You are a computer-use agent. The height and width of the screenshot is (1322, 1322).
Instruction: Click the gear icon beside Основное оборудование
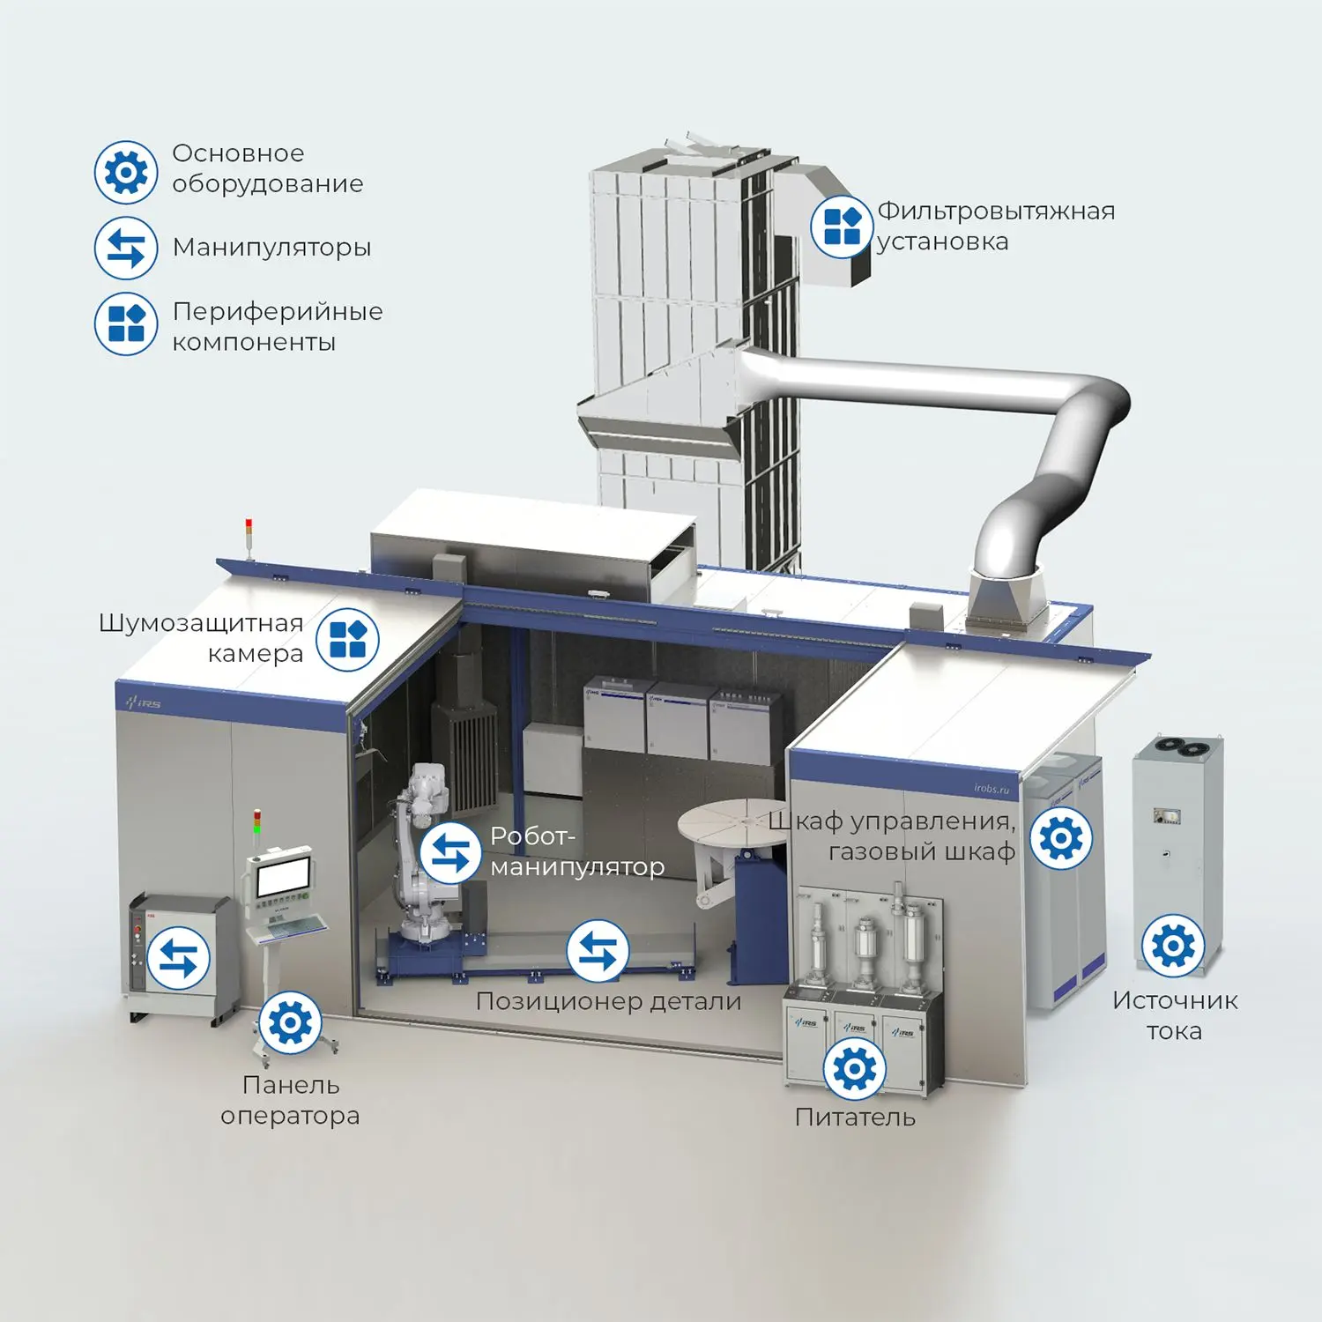(126, 172)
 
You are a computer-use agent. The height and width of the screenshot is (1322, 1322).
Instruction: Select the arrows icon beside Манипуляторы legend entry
(126, 248)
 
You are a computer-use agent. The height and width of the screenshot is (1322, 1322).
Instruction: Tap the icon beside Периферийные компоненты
(126, 323)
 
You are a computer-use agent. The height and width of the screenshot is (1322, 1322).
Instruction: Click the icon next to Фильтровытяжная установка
(843, 226)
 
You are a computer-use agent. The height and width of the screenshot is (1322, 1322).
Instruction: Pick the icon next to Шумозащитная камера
(347, 639)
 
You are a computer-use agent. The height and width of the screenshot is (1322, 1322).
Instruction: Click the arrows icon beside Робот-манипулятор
(451, 852)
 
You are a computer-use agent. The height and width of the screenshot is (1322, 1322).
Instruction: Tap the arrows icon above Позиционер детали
(598, 951)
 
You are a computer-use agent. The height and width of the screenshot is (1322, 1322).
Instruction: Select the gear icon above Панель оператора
(290, 1022)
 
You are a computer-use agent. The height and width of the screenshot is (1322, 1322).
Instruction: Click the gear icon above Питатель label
(854, 1068)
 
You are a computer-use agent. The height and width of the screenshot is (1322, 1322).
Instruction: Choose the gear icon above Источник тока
(1173, 946)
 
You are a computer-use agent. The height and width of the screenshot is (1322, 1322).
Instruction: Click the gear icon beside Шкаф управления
(1061, 837)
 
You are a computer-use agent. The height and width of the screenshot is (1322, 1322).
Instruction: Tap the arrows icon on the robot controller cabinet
(179, 958)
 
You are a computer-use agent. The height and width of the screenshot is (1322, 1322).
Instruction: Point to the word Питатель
(855, 1118)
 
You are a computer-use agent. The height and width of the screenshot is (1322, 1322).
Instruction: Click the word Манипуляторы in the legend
(271, 248)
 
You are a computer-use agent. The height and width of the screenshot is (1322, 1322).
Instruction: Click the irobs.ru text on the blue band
(991, 787)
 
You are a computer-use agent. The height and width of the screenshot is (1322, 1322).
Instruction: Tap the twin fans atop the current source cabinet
(1182, 747)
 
